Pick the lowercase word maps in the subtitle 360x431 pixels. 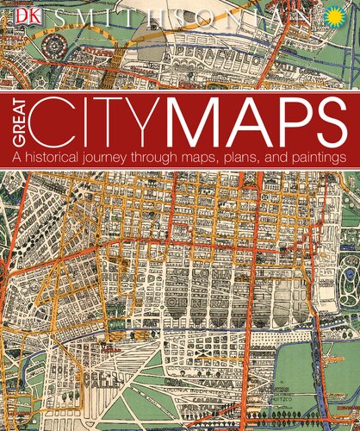(218, 159)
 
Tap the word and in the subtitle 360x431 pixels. (287, 158)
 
